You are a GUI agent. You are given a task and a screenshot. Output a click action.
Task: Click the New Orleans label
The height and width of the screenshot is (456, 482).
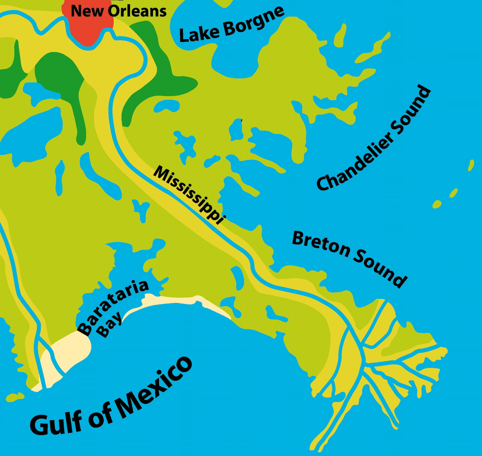click(x=119, y=11)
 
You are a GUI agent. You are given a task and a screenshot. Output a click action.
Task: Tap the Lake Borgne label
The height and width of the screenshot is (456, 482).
click(x=231, y=24)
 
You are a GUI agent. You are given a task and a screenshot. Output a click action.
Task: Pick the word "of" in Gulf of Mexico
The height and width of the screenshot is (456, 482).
click(x=102, y=413)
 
